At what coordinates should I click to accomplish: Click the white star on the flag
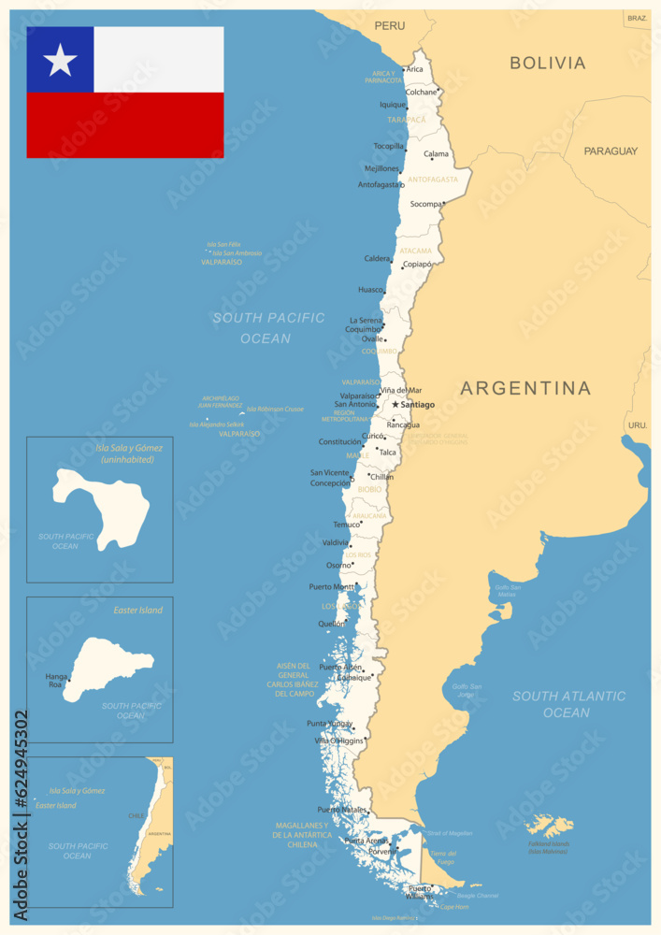tap(60, 60)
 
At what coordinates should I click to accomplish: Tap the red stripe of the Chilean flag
tap(125, 125)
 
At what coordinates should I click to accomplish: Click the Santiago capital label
tap(417, 405)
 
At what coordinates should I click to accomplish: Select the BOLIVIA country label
tap(548, 64)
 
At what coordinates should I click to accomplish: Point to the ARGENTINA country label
tap(525, 388)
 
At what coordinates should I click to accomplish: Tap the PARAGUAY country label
tap(611, 151)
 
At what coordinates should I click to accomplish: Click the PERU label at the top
tap(390, 25)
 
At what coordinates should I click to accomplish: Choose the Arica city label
tap(415, 69)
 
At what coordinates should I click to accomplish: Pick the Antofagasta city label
tap(380, 184)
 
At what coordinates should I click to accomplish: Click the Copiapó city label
tap(417, 265)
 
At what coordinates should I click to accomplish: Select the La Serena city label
tap(365, 320)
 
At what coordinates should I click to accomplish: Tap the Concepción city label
tap(330, 483)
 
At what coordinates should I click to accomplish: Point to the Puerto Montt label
tap(331, 587)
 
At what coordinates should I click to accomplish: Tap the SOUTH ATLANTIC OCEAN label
tap(568, 704)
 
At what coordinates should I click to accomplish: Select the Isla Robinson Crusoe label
tap(275, 409)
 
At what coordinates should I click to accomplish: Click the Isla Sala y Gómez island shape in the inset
tap(103, 506)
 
